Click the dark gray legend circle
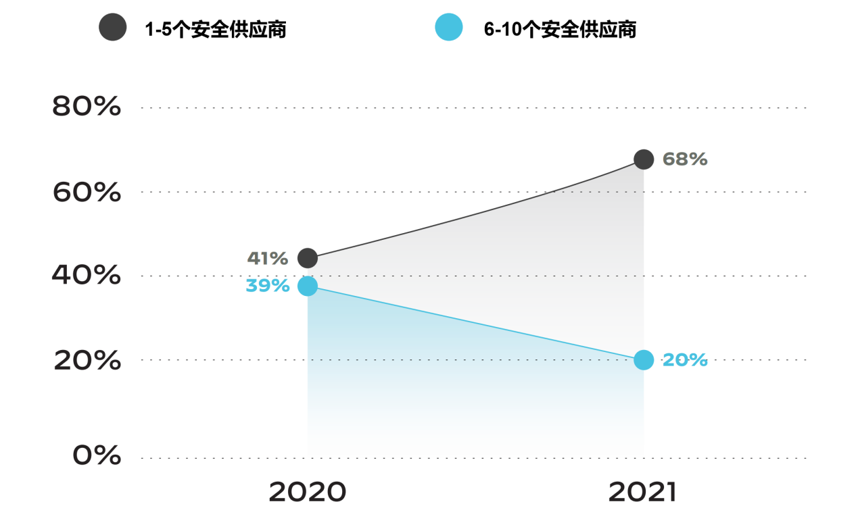(112, 28)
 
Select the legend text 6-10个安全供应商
(560, 30)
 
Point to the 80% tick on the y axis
(87, 107)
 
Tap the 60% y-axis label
(87, 193)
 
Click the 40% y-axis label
(87, 276)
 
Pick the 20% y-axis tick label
(87, 361)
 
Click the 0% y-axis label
(97, 456)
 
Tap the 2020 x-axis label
(307, 493)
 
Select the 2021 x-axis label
(642, 493)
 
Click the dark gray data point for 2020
(308, 257)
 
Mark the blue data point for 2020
(308, 286)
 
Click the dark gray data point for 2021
(644, 159)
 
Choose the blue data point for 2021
(644, 360)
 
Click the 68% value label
(685, 159)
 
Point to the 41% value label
(268, 258)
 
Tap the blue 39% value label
(268, 286)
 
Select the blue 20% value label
(685, 360)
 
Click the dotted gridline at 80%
(473, 107)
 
